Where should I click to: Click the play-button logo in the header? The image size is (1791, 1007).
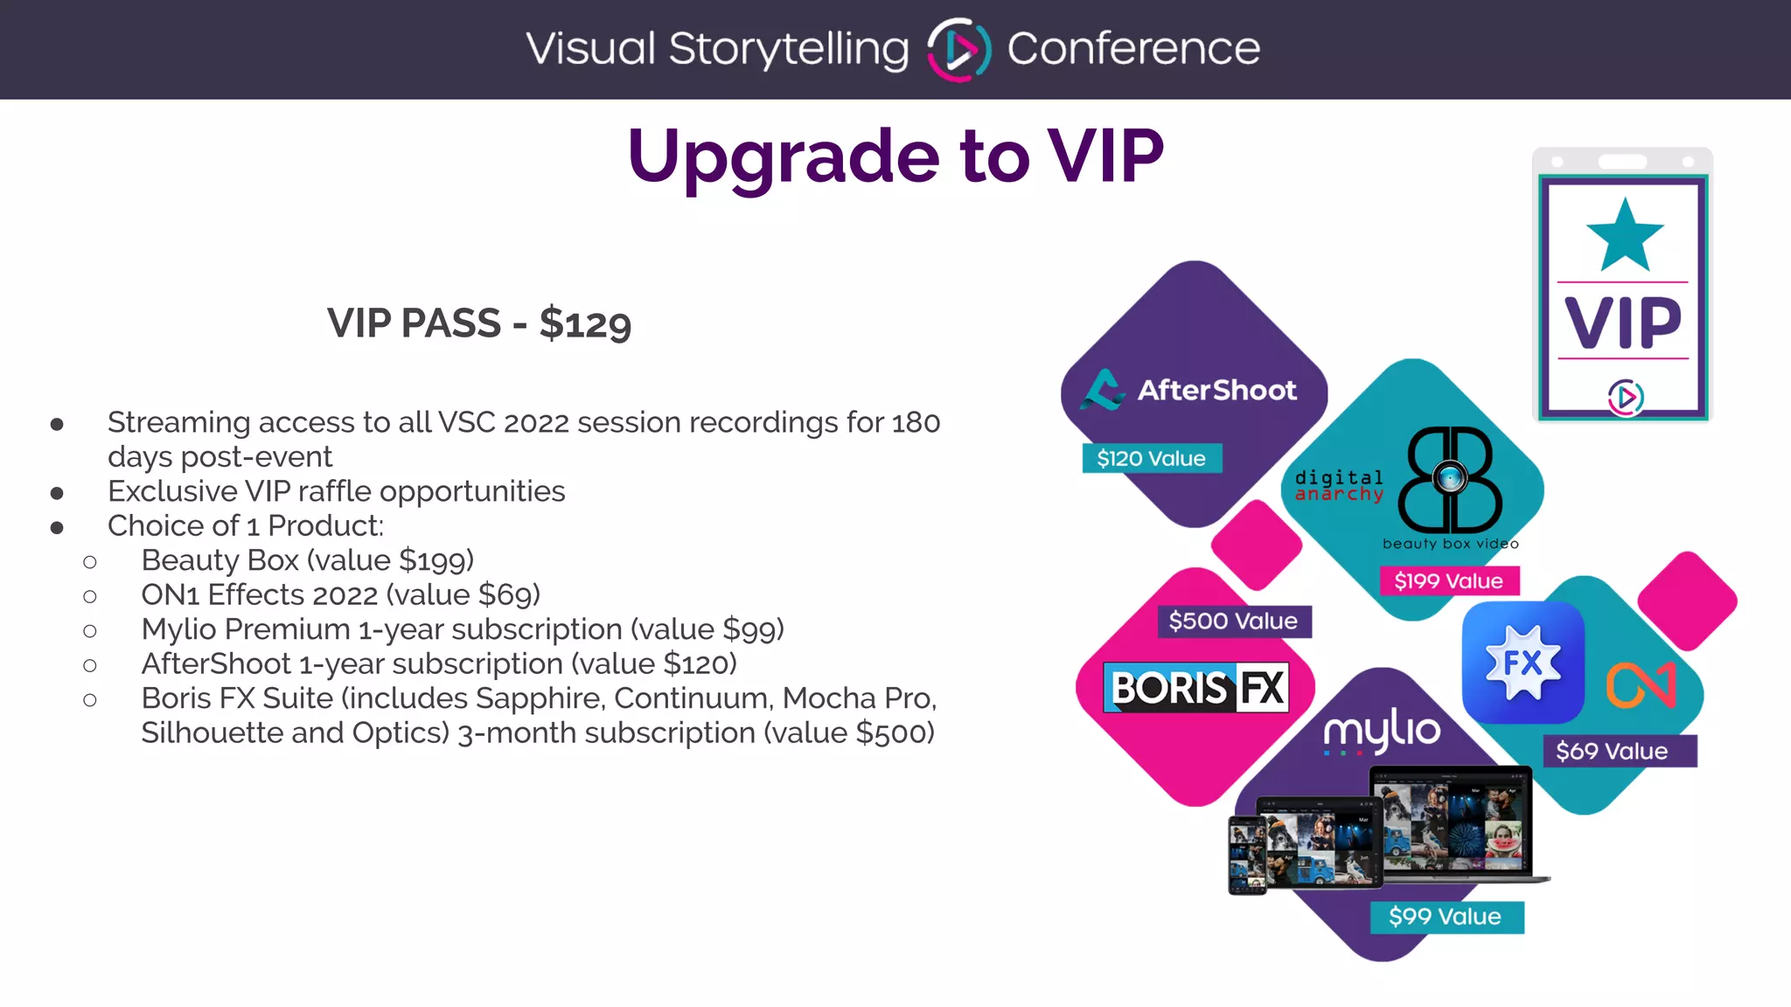point(958,50)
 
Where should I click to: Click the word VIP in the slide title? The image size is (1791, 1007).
point(1105,156)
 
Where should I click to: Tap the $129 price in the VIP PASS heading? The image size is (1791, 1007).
point(584,323)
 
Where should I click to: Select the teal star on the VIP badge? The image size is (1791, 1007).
point(1625,236)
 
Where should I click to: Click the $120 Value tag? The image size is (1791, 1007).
point(1151,458)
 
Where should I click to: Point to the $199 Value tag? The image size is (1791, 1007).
point(1448,580)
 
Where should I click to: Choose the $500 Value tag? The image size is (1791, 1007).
point(1233,622)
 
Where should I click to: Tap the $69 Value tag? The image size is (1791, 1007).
point(1612,751)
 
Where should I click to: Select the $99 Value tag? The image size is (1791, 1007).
point(1445,916)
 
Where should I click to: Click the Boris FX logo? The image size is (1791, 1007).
point(1196,688)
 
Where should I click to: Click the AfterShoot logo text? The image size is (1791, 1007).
point(1216,390)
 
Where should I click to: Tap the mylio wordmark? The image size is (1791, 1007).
point(1382,730)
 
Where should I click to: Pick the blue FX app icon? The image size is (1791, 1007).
point(1523,663)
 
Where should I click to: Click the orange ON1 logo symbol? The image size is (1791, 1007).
point(1641,684)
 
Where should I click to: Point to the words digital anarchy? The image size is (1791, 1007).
point(1339,486)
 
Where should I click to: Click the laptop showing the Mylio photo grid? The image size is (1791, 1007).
point(1452,822)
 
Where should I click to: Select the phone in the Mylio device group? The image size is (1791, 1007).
point(1247,855)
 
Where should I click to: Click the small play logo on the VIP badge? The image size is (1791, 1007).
point(1625,398)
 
